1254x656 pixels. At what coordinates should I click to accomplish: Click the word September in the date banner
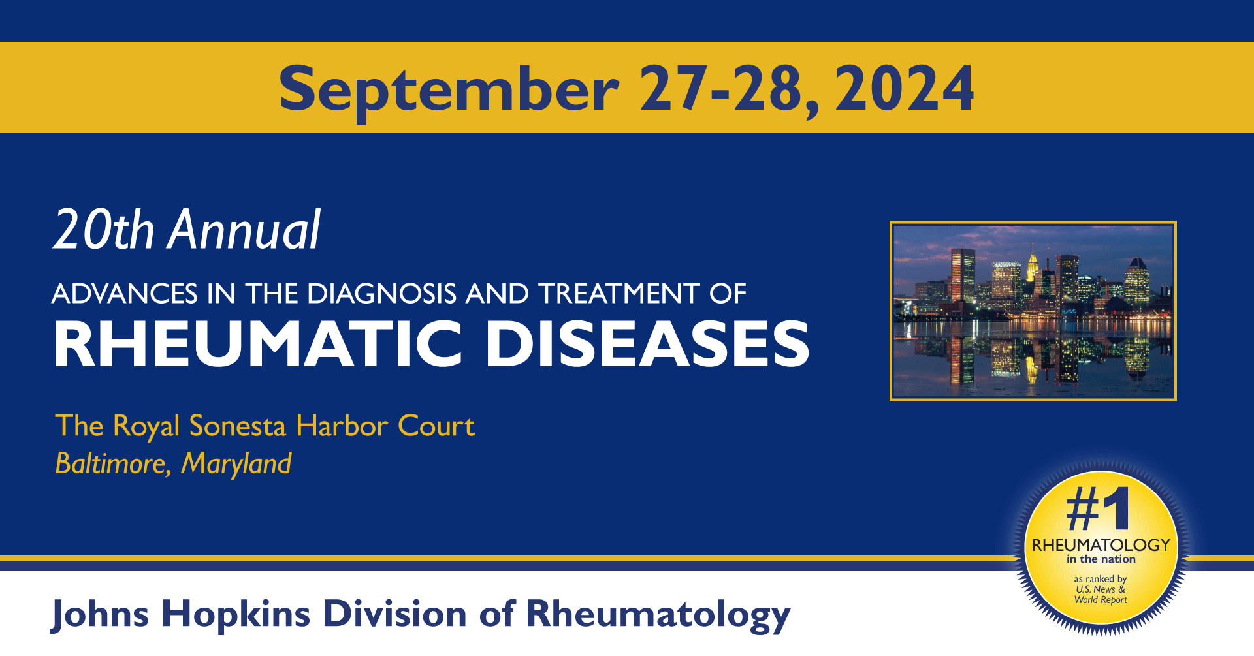pos(449,90)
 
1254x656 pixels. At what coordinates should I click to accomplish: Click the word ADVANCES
pos(125,294)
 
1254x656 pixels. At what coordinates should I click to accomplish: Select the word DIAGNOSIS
pos(382,294)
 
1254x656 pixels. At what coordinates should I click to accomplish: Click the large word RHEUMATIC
pos(259,344)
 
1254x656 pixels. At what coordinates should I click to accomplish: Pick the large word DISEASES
pos(647,344)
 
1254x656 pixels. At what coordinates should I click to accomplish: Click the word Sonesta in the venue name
pos(238,426)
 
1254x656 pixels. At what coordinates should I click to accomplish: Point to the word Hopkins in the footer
pos(236,615)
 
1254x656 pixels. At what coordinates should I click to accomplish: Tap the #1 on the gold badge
pos(1098,509)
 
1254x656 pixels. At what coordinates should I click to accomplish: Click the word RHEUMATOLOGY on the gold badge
pos(1101,545)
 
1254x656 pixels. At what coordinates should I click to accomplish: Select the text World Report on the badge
pos(1101,600)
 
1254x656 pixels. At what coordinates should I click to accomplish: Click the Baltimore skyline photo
pos(1033,311)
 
